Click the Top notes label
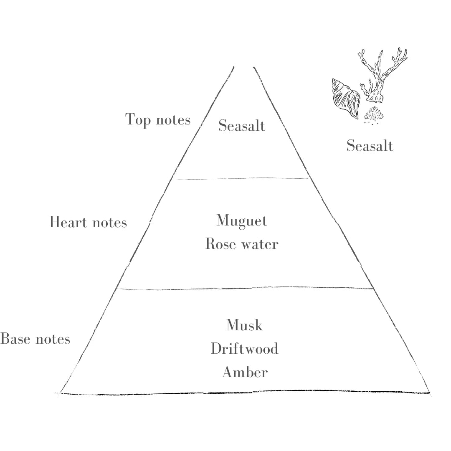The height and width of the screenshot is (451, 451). pyautogui.click(x=158, y=120)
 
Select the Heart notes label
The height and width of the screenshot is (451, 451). pyautogui.click(x=88, y=222)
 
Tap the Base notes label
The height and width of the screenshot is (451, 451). pyautogui.click(x=35, y=339)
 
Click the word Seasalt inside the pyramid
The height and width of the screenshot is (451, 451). pyautogui.click(x=241, y=125)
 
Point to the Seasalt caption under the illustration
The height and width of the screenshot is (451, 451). pyautogui.click(x=370, y=146)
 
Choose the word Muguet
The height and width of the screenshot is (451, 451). pyautogui.click(x=241, y=221)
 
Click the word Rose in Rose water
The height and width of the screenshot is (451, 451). pyautogui.click(x=221, y=244)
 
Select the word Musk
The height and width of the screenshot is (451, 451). pyautogui.click(x=244, y=325)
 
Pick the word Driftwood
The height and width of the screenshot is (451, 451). pyautogui.click(x=244, y=348)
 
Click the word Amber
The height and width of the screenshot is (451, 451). pyautogui.click(x=244, y=372)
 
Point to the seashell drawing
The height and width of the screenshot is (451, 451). pyautogui.click(x=345, y=98)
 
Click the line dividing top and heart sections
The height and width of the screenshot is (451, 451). pyautogui.click(x=241, y=179)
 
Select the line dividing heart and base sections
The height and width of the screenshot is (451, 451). pyautogui.click(x=246, y=288)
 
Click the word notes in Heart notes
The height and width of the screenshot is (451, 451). pyautogui.click(x=109, y=222)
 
